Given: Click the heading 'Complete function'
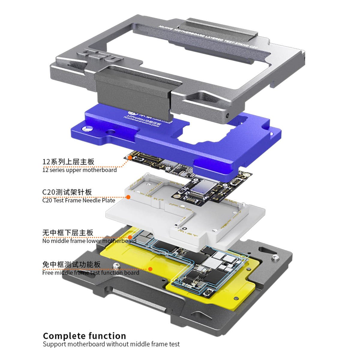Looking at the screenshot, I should [84, 336].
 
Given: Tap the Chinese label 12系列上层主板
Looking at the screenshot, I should [68, 162].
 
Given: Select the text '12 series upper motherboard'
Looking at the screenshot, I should [79, 170].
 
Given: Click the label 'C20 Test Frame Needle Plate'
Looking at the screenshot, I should [79, 200].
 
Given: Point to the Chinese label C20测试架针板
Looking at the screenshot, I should [67, 192].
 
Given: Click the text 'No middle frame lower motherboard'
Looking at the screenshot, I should [89, 241].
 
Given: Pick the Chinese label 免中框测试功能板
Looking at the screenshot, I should [71, 264].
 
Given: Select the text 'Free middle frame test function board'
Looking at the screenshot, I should [91, 272].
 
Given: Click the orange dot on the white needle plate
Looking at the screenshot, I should [128, 197].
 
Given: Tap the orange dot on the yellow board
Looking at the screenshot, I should [150, 269].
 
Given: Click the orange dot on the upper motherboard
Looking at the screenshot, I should [130, 157].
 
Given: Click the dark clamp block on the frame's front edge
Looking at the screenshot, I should [132, 90].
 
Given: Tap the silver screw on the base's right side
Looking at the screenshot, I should [275, 257].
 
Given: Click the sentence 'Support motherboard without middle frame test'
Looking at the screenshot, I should [111, 344].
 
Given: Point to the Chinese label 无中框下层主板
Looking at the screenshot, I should [68, 232].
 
